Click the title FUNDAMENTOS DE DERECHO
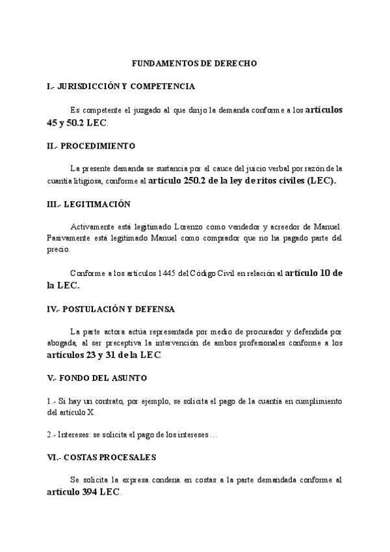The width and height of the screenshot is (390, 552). click(194, 64)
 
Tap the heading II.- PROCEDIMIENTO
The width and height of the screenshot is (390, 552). click(91, 146)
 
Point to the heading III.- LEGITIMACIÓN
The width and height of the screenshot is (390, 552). click(88, 204)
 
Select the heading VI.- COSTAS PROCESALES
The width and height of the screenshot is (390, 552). click(101, 458)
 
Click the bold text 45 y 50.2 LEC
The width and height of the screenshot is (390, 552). click(73, 122)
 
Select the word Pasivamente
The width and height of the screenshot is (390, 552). click(68, 238)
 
